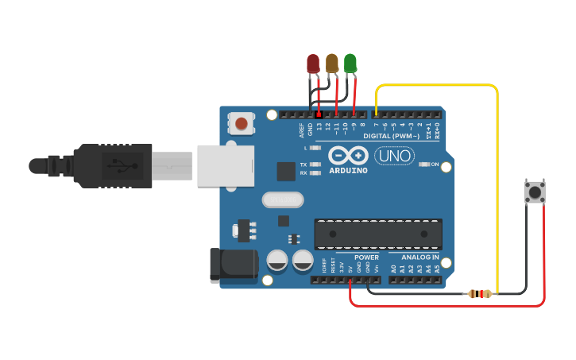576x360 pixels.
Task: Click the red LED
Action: pos(313,64)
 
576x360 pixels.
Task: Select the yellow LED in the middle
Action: pos(332,64)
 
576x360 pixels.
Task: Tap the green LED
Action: pos(350,64)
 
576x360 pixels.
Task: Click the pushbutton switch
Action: pos(535,192)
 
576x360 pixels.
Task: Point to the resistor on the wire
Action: pos(478,294)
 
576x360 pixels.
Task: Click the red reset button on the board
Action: pos(241,124)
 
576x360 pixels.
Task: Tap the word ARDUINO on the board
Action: pos(347,171)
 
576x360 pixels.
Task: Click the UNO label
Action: pos(394,156)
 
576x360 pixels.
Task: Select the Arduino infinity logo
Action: pos(348,156)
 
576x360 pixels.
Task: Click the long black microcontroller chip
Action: pos(378,234)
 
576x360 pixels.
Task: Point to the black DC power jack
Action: pos(232,265)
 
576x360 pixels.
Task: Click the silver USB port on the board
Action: pos(225,165)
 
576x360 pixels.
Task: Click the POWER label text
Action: pos(366,257)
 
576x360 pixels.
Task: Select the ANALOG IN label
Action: pos(419,257)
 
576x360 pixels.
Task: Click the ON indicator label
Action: pos(435,165)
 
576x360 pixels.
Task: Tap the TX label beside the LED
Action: pos(303,165)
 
